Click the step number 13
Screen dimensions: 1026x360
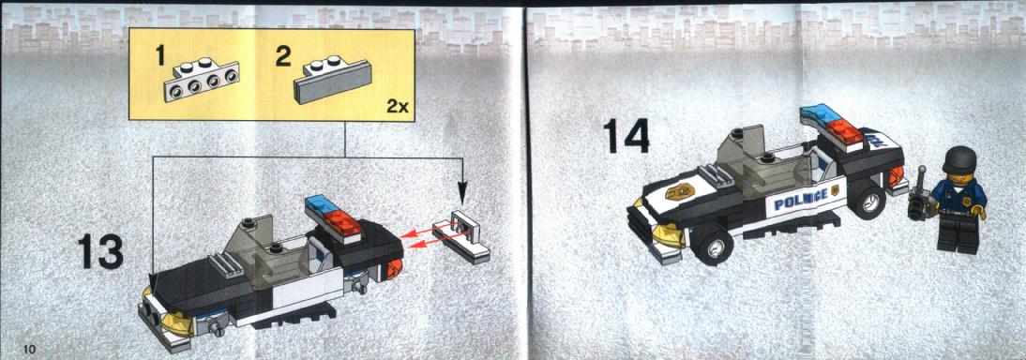click(100, 252)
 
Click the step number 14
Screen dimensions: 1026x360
click(626, 136)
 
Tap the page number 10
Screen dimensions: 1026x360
click(30, 347)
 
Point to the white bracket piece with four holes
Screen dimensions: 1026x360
click(202, 81)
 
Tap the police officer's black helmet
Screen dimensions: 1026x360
click(958, 159)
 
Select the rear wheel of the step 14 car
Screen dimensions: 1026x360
click(867, 199)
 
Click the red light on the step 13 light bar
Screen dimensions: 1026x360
click(344, 224)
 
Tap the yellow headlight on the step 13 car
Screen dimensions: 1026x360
click(176, 322)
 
